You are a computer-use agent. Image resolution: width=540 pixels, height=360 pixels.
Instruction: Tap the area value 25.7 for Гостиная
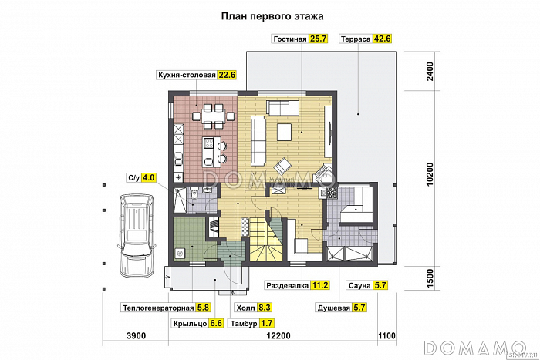click(x=319, y=38)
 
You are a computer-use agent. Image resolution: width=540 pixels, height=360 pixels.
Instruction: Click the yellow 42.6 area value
click(x=383, y=38)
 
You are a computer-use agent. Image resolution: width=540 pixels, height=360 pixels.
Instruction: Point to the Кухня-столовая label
click(x=185, y=75)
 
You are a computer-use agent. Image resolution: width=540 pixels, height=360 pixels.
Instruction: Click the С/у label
click(x=133, y=178)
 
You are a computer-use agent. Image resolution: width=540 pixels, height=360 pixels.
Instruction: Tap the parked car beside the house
click(x=136, y=236)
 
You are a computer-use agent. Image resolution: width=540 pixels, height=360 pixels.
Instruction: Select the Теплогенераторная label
click(x=157, y=308)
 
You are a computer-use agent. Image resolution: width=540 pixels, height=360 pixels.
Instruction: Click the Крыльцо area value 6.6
click(x=216, y=323)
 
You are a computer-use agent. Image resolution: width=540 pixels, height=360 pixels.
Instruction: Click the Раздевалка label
click(x=288, y=285)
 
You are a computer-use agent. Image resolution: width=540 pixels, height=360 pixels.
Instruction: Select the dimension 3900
click(x=136, y=335)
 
